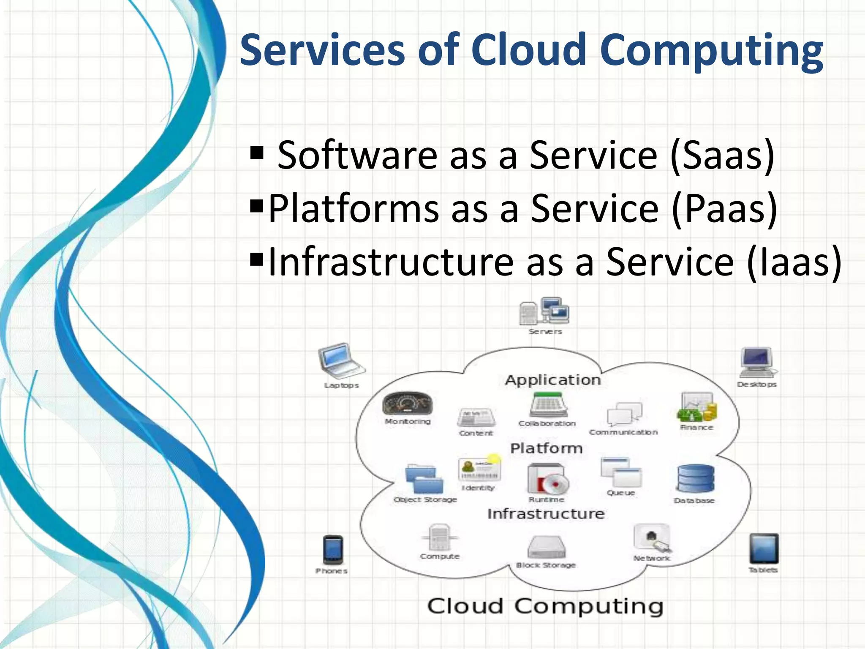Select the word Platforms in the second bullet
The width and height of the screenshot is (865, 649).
pyautogui.click(x=354, y=208)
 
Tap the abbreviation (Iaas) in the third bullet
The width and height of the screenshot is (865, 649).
pyautogui.click(x=794, y=262)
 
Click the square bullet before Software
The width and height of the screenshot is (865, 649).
pyautogui.click(x=257, y=152)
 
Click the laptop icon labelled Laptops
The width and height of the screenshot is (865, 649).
pyautogui.click(x=340, y=360)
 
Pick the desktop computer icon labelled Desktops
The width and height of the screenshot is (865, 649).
pyautogui.click(x=757, y=362)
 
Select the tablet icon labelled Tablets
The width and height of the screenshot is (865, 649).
pyautogui.click(x=764, y=548)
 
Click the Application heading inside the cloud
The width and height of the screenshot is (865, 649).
pyautogui.click(x=553, y=380)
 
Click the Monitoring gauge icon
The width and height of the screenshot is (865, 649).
pyautogui.click(x=408, y=404)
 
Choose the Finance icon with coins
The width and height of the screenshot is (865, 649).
pyautogui.click(x=697, y=407)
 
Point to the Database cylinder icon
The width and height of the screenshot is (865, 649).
pyautogui.click(x=695, y=479)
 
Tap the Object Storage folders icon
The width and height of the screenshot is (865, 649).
pyautogui.click(x=424, y=479)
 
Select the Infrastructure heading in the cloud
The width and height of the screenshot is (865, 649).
pyautogui.click(x=546, y=514)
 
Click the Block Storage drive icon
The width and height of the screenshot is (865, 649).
pyautogui.click(x=547, y=547)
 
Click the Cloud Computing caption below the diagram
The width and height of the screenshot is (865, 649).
pyautogui.click(x=545, y=606)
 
